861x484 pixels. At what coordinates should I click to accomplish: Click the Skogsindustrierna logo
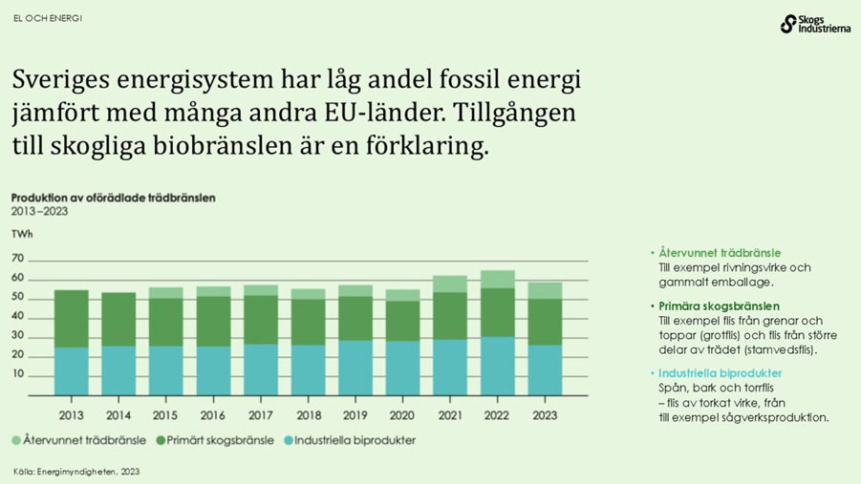click(813, 24)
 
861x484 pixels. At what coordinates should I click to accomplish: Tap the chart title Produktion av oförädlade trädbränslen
click(113, 198)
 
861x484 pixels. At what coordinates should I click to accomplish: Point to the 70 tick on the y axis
click(17, 259)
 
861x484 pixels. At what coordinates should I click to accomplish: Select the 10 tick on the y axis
click(17, 374)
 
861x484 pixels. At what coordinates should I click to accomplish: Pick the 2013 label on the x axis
click(71, 415)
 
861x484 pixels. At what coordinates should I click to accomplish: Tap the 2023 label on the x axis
click(544, 415)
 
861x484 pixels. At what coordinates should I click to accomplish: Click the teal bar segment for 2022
click(497, 366)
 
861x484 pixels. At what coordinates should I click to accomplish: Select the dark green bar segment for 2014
click(118, 319)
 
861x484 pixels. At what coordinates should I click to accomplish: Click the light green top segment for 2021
click(449, 284)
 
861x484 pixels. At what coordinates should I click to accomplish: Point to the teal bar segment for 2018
click(308, 370)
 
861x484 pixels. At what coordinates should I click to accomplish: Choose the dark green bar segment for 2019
click(355, 318)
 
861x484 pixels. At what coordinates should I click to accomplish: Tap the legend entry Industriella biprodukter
click(348, 441)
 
